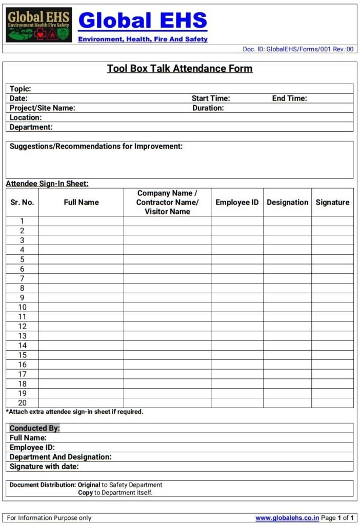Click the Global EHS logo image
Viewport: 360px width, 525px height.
pos(39,25)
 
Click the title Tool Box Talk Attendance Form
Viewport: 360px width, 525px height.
pos(179,69)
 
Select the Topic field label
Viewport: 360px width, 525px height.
pos(21,89)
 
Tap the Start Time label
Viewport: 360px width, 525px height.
pos(211,98)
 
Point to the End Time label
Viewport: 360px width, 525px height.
pos(289,98)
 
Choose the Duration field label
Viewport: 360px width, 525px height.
pos(208,108)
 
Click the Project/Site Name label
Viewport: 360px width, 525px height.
pos(43,108)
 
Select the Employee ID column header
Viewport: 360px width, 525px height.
pos(237,203)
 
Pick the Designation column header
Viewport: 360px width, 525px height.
pos(288,203)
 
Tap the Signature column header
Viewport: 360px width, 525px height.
pos(332,203)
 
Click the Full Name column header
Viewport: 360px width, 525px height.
pos(81,203)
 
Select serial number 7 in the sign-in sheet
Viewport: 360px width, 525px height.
pos(22,278)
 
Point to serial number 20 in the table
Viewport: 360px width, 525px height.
pos(22,403)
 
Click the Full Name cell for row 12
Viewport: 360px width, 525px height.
pos(81,326)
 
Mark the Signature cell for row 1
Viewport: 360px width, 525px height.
pos(332,221)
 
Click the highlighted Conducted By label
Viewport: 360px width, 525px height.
pos(35,428)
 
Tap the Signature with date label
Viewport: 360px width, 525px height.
pos(44,467)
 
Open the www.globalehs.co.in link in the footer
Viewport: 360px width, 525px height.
pos(287,518)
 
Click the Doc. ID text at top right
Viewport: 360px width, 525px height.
pos(298,49)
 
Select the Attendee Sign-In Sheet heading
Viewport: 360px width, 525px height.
pos(47,184)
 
